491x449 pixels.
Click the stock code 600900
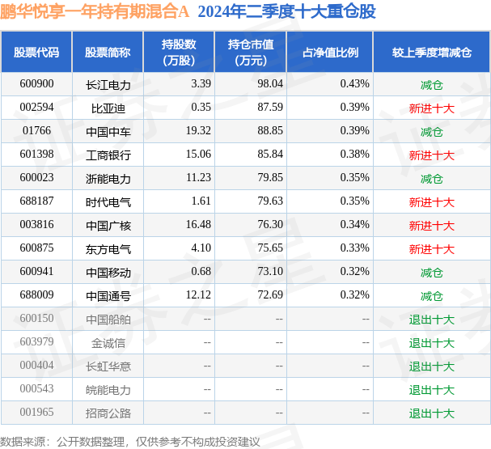tap(36, 83)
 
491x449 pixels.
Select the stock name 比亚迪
tap(108, 108)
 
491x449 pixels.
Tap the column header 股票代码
tap(36, 52)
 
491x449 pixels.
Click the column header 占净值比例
tap(330, 52)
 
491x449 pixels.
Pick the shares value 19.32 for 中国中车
tap(198, 131)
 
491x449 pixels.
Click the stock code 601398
tap(36, 155)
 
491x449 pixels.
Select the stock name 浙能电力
tap(108, 178)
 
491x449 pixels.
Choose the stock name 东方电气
tap(108, 249)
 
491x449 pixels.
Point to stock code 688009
tap(36, 296)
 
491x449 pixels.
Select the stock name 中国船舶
tap(108, 319)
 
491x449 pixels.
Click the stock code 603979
tap(36, 342)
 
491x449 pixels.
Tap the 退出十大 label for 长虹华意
tap(431, 366)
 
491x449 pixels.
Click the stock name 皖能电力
tap(108, 390)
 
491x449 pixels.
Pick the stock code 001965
tap(36, 413)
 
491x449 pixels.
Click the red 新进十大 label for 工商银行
tap(431, 155)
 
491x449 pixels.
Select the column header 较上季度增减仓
tap(431, 52)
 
